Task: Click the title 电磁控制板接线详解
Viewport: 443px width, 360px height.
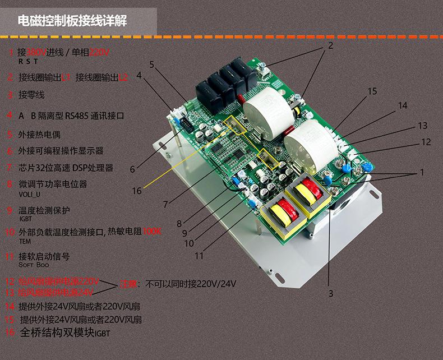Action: [73, 21]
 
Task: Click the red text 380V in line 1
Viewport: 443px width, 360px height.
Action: [36, 53]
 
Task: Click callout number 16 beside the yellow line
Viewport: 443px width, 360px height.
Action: [137, 191]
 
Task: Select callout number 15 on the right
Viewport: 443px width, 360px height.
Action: [372, 91]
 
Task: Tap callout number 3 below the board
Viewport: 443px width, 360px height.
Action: [331, 293]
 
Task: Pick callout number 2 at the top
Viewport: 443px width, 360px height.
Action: [330, 45]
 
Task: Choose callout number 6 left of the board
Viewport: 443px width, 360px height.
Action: [133, 169]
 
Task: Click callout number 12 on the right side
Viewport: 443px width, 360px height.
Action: [426, 142]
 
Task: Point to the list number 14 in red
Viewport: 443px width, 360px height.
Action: [10, 307]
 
